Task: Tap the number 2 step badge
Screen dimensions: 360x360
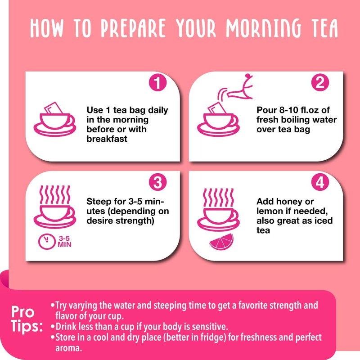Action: pos(320,83)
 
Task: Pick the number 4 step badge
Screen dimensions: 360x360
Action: pos(320,183)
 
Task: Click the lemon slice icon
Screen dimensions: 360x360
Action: pos(221,242)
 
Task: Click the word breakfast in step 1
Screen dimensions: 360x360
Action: pos(107,139)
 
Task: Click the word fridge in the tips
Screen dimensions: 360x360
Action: pos(205,337)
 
